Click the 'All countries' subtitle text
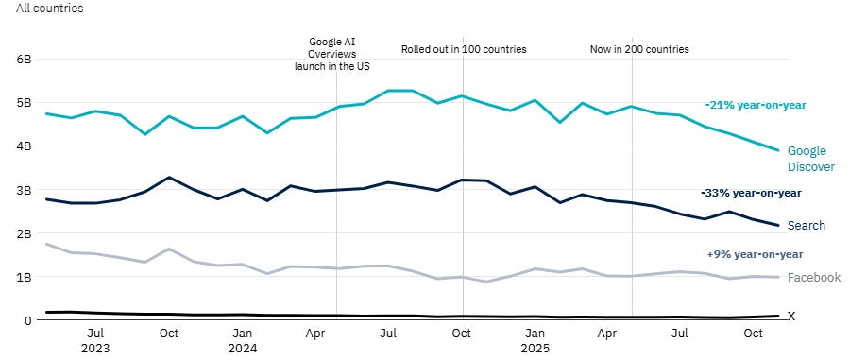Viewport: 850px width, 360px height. pos(49,9)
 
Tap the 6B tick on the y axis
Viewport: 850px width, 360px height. pos(25,59)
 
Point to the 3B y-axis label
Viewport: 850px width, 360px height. pos(25,190)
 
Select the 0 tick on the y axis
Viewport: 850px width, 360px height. pos(28,321)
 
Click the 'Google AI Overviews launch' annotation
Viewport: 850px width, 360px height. pos(337,55)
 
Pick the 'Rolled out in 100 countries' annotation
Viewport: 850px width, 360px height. pos(464,49)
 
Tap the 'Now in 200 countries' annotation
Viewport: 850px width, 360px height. pos(639,49)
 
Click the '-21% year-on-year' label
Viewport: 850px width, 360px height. pos(756,105)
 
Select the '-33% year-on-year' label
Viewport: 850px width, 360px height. pos(752,193)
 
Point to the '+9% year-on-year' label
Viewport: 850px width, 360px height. pos(755,254)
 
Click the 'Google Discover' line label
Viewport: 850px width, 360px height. pos(810,159)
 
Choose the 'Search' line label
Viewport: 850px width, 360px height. pos(806,226)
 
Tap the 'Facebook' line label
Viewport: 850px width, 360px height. pos(813,278)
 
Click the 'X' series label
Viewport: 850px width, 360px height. pos(791,317)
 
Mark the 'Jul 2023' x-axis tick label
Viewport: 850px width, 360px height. pos(95,340)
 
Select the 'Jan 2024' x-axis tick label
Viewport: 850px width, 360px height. pos(242,340)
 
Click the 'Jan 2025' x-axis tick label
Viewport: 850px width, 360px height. pos(535,340)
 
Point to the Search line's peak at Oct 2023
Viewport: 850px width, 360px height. pos(169,178)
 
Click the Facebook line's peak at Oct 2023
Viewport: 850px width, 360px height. pos(169,249)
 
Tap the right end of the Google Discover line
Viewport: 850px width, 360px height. pos(778,150)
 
